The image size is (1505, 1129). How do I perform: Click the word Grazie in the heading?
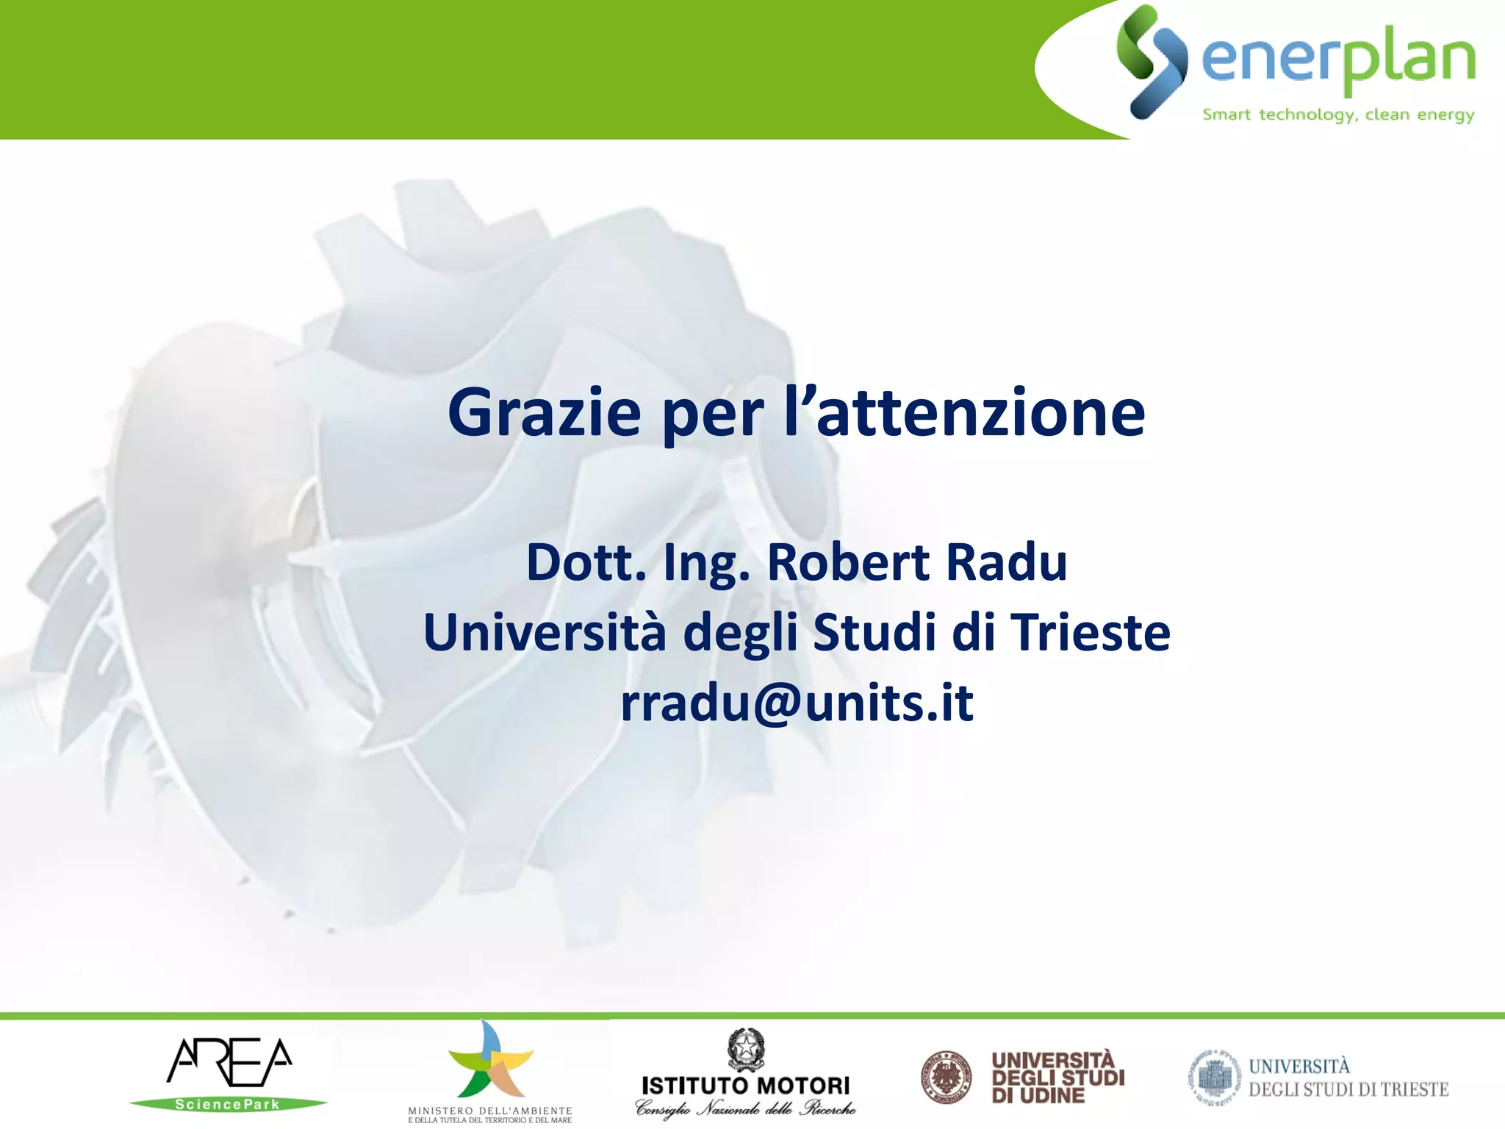coord(544,413)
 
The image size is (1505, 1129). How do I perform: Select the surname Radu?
coord(1006,562)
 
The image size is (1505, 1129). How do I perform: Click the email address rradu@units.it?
coord(797,703)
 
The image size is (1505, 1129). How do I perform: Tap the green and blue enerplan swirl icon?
coord(1151,62)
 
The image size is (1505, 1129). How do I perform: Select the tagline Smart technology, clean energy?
coord(1338,115)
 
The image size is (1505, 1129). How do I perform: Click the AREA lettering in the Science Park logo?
coord(229,1062)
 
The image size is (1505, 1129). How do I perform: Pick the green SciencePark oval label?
coord(228,1104)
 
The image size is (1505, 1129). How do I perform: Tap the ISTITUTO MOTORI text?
coord(745,1086)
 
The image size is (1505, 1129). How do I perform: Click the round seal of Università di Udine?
coord(946,1078)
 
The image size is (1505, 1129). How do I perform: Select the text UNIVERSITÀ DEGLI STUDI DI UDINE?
coord(1057,1078)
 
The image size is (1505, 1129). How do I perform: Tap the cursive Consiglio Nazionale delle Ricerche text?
coord(745,1108)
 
